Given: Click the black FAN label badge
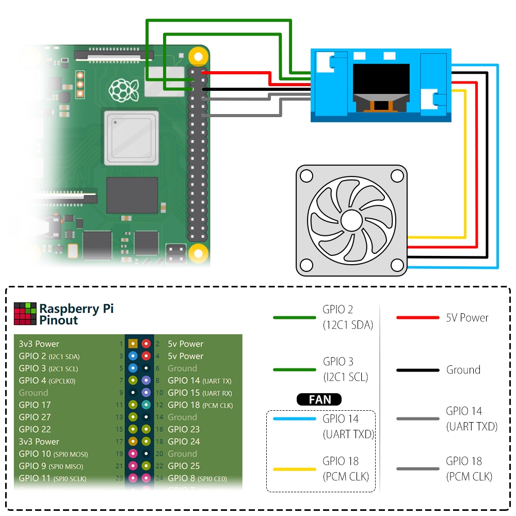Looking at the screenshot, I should click(x=320, y=399).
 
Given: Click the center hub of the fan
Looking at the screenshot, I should click(x=350, y=220).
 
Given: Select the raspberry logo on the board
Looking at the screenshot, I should click(x=124, y=90).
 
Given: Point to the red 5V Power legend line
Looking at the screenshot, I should click(x=417, y=318).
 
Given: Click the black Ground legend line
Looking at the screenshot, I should click(x=417, y=370).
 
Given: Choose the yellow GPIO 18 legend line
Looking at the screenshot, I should click(x=294, y=469).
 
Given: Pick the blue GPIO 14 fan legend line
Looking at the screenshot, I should click(x=294, y=419).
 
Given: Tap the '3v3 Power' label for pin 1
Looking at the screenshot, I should click(x=39, y=344).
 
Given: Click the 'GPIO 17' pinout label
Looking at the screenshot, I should click(x=35, y=405).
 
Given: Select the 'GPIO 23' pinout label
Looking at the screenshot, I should click(x=184, y=429).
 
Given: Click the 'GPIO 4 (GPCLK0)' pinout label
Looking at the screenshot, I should click(x=47, y=381).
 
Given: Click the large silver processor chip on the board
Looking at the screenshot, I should click(x=130, y=137).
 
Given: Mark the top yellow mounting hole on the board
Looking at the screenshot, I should click(x=197, y=56).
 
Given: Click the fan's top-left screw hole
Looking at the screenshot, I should click(x=307, y=176).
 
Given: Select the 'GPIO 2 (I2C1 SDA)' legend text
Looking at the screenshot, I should click(x=347, y=317).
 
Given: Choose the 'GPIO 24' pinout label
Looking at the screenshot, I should click(x=184, y=442).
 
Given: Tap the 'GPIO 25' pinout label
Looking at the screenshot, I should click(x=184, y=466).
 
